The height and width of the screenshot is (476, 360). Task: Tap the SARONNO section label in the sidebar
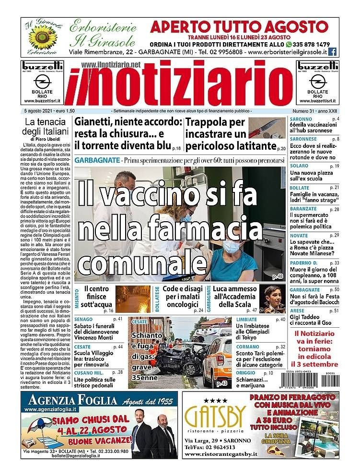tap(301, 119)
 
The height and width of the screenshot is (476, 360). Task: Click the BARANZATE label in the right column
tap(303, 209)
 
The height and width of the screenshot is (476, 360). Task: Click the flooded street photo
tap(132, 299)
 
